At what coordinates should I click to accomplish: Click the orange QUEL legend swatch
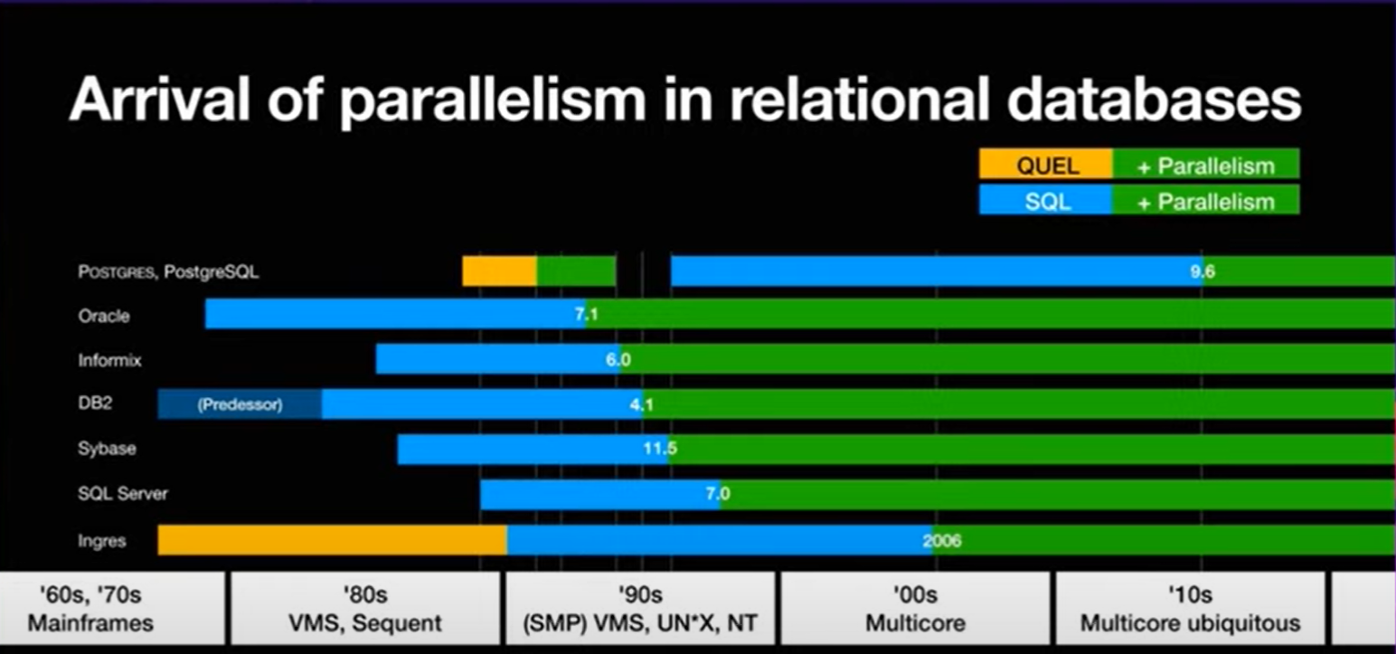[x=1045, y=166]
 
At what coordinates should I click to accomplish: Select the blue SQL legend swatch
[x=1045, y=201]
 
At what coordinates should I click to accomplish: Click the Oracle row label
[x=104, y=316]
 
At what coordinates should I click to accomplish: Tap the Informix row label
[x=109, y=360]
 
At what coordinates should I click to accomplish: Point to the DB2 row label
[x=95, y=403]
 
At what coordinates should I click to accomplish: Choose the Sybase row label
[x=107, y=449]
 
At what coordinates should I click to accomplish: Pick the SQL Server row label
[x=122, y=494]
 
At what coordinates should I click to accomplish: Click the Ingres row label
[x=101, y=541]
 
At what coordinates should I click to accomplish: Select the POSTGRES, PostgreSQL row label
[x=168, y=271]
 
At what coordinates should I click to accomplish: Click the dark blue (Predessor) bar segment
[x=240, y=404]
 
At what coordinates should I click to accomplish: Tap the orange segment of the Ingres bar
[x=332, y=540]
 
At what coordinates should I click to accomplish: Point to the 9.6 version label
[x=1203, y=271]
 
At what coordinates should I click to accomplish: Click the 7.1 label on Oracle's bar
[x=586, y=316]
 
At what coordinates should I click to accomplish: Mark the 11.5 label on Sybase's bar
[x=660, y=449]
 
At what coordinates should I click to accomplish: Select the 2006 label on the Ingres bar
[x=942, y=541]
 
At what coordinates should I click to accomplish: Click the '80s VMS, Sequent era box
[x=365, y=609]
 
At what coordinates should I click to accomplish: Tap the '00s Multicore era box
[x=915, y=609]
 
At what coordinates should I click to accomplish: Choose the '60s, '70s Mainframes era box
[x=90, y=609]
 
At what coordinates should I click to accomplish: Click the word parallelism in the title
[x=493, y=100]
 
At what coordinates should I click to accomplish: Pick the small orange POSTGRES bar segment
[x=499, y=271]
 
